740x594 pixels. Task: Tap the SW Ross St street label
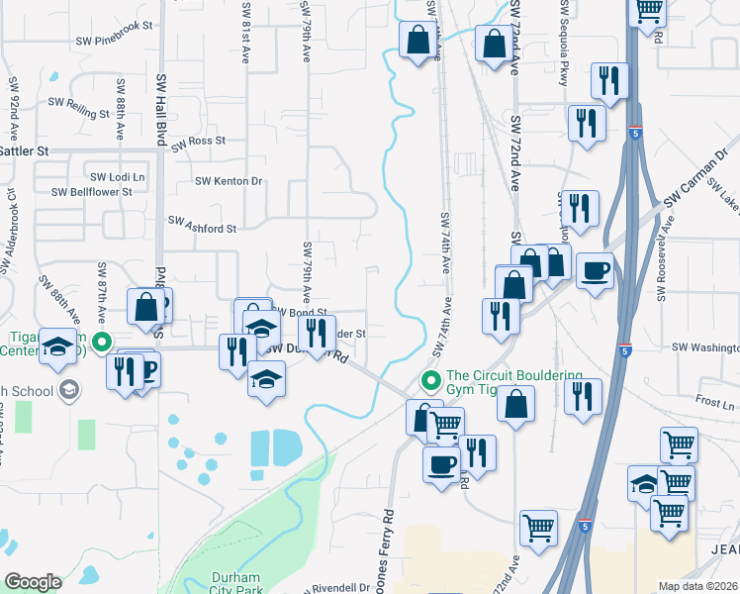tap(198, 143)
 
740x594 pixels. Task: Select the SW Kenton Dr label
tap(229, 181)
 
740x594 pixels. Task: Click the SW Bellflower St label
tap(91, 192)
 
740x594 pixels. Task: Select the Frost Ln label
tap(714, 404)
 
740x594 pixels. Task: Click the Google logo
tap(33, 582)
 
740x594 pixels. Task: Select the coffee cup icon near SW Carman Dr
tap(596, 270)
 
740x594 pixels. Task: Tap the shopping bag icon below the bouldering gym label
tap(515, 404)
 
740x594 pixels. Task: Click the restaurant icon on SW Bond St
tap(314, 331)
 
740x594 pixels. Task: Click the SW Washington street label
tap(705, 347)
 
